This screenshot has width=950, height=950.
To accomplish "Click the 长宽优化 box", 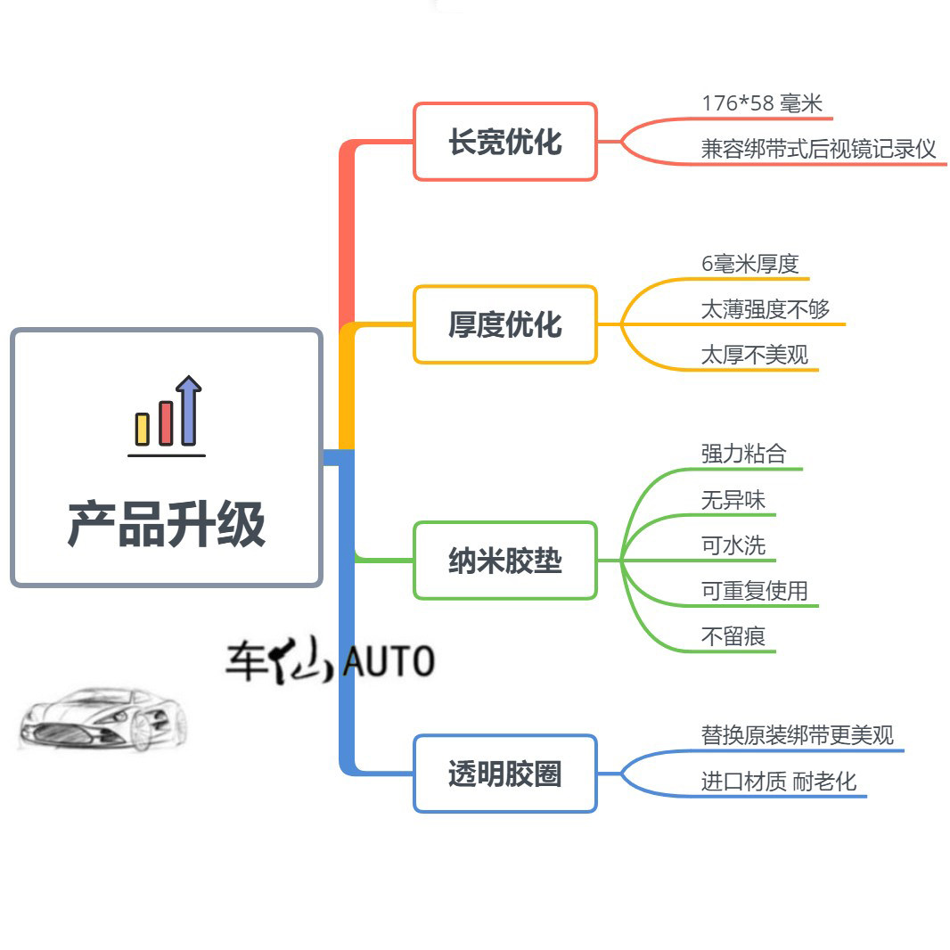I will [x=504, y=142].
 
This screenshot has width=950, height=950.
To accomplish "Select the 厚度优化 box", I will [x=504, y=324].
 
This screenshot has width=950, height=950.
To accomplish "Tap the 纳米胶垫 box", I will [x=504, y=561].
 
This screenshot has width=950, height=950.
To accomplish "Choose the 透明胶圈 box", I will [x=504, y=774].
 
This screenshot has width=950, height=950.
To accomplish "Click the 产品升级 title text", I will [x=167, y=524].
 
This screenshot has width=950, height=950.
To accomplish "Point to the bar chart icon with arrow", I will [x=168, y=415].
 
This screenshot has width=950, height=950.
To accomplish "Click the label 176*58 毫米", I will [x=762, y=103].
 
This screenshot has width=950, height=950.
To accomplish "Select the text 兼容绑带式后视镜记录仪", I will [x=819, y=149].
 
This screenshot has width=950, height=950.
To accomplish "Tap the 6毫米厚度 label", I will [x=750, y=264].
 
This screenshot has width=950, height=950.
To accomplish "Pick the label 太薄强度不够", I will [x=766, y=309].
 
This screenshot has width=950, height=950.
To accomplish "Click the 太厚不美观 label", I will [x=755, y=355].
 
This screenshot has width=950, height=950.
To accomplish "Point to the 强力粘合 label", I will [x=744, y=454].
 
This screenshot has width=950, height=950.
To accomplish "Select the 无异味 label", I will [x=733, y=500].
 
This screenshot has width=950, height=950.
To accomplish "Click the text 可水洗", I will [x=733, y=545].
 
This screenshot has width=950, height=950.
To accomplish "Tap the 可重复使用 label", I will [x=755, y=591].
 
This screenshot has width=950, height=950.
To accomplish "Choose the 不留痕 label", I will [x=733, y=636].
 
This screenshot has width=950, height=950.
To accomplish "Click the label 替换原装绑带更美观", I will [x=798, y=735].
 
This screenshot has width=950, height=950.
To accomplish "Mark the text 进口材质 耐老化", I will [x=779, y=782].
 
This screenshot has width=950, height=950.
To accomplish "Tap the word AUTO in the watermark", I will [x=389, y=662].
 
